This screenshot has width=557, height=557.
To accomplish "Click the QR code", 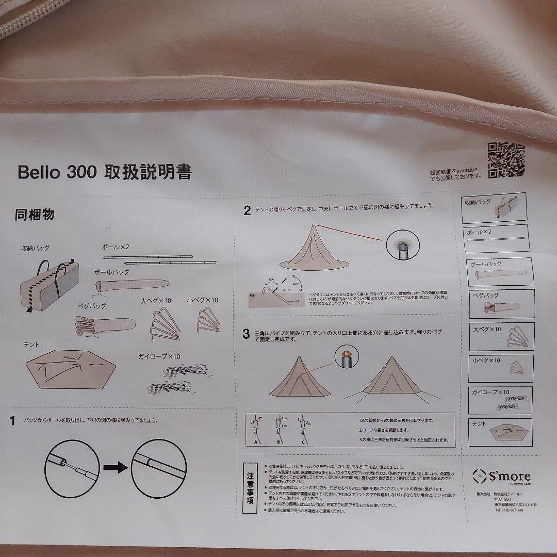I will [x=506, y=159].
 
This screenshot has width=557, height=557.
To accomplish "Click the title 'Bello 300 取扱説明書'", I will [x=104, y=172].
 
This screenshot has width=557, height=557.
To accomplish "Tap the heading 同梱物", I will [x=34, y=215].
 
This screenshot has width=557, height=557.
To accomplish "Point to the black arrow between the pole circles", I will [x=115, y=467].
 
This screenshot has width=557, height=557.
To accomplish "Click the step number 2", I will [x=247, y=210].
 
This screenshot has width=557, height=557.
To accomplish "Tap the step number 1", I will [x=12, y=420].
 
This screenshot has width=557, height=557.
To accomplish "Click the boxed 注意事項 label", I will [x=250, y=487].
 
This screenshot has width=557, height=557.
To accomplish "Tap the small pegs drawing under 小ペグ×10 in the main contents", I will [x=208, y=321].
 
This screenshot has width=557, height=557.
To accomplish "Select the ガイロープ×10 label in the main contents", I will [x=159, y=356].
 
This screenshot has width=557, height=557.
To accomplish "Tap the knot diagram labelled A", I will [x=255, y=429].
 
